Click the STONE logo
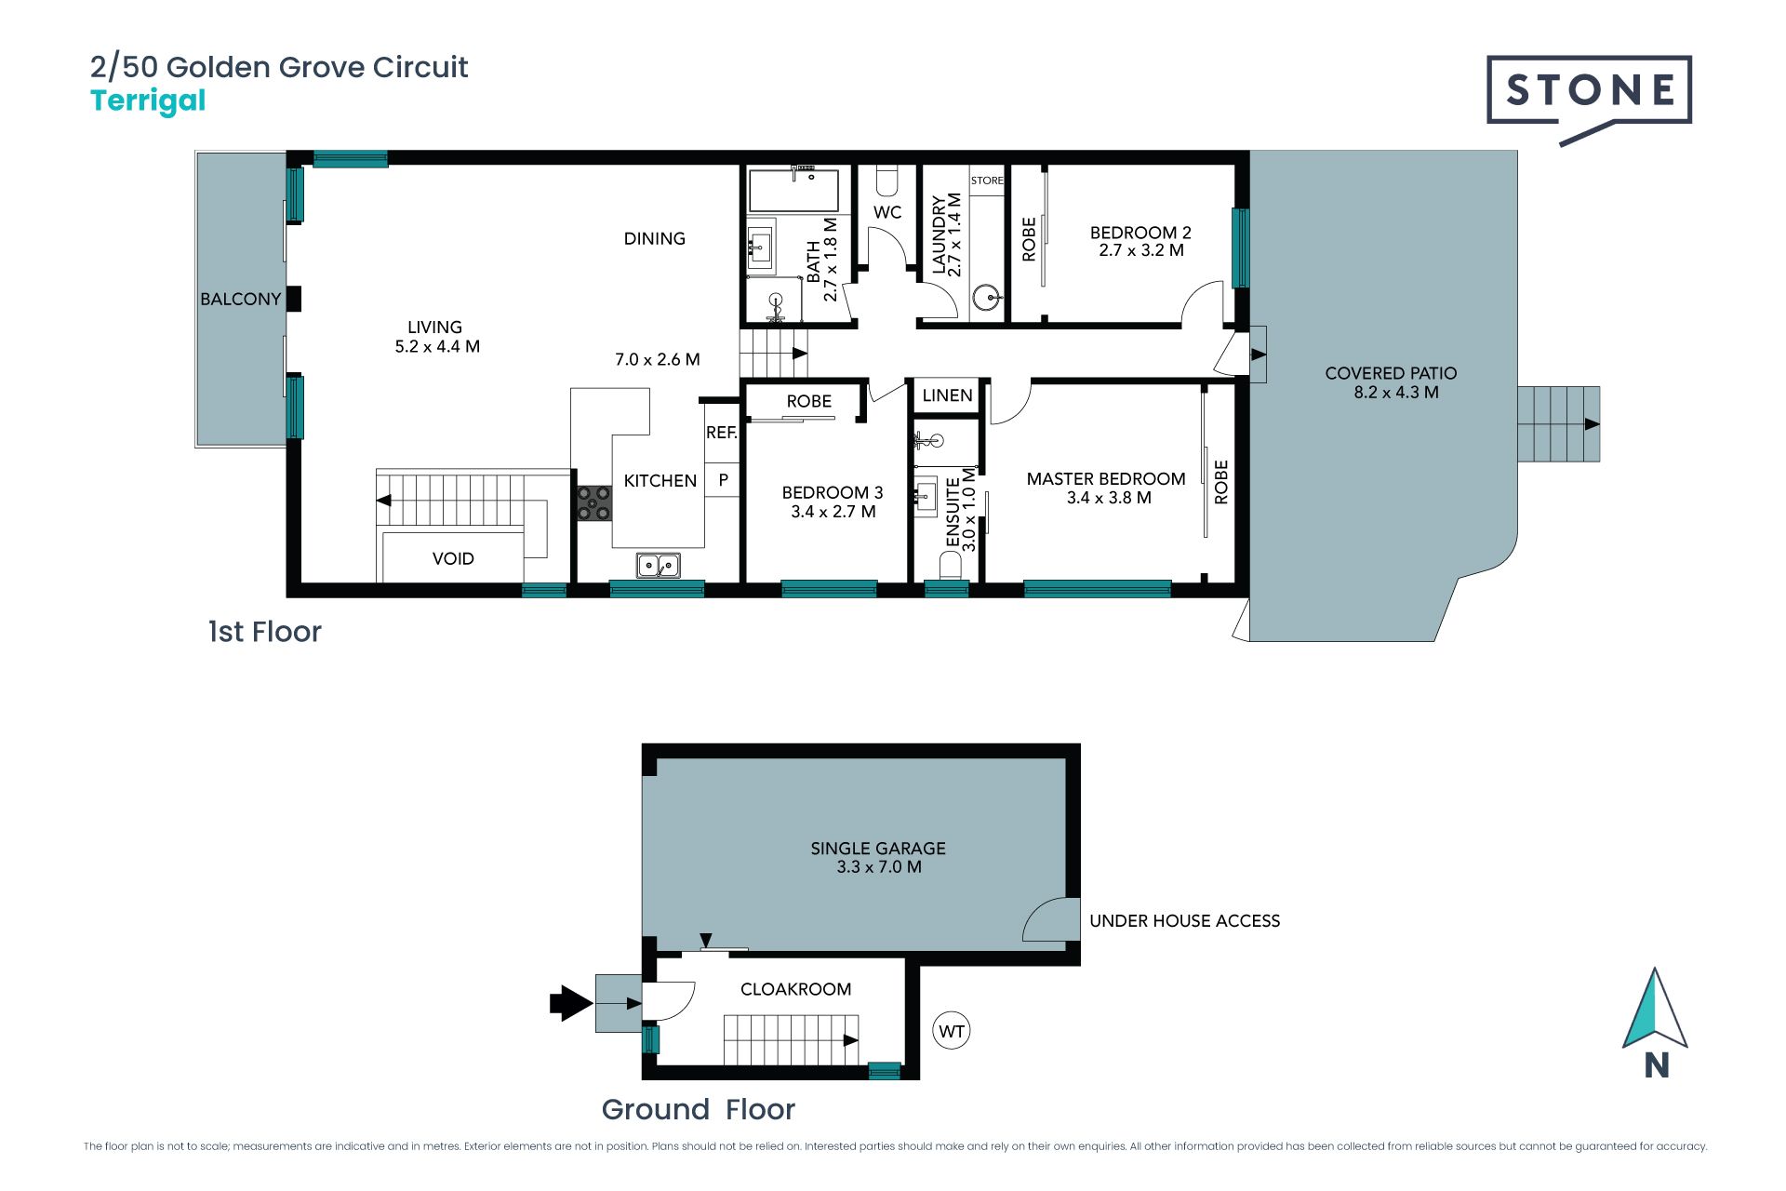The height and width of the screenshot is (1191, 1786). pyautogui.click(x=1589, y=97)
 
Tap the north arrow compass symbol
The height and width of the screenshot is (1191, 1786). pyautogui.click(x=1656, y=1022)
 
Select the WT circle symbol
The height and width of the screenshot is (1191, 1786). pyautogui.click(x=951, y=1031)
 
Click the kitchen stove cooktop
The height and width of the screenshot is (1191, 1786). pyautogui.click(x=593, y=503)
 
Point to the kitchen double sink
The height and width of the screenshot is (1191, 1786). pyautogui.click(x=659, y=565)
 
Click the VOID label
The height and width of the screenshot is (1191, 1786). pyautogui.click(x=453, y=558)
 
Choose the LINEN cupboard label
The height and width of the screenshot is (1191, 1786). pyautogui.click(x=947, y=395)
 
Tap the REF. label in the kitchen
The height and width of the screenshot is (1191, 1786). pyautogui.click(x=722, y=433)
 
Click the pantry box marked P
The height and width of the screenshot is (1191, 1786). pyautogui.click(x=723, y=480)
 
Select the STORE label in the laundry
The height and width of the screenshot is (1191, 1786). pyautogui.click(x=987, y=181)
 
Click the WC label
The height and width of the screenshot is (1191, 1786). pyautogui.click(x=887, y=212)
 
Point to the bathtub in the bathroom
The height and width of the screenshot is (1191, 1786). pyautogui.click(x=794, y=191)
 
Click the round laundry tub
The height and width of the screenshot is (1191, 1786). pyautogui.click(x=986, y=298)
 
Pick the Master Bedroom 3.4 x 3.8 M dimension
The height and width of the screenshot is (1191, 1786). pyautogui.click(x=1109, y=498)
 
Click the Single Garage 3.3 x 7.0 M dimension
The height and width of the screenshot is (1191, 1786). pyautogui.click(x=879, y=867)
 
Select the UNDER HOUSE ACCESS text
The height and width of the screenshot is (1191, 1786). pyautogui.click(x=1184, y=921)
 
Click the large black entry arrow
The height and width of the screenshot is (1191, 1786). pyautogui.click(x=571, y=1003)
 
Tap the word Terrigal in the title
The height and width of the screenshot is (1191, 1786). pyautogui.click(x=148, y=101)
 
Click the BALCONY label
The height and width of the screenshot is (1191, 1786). pyautogui.click(x=240, y=299)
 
